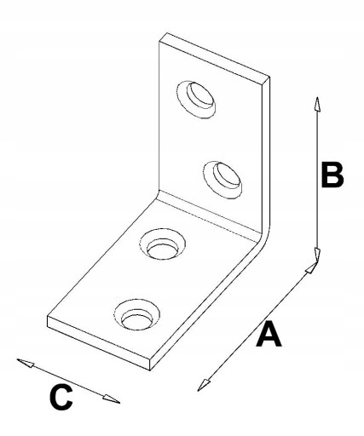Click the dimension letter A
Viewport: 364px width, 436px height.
click(x=269, y=334)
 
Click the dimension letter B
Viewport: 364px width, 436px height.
click(x=332, y=175)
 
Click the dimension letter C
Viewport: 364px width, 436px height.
click(x=61, y=397)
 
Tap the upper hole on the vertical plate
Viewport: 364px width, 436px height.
click(x=196, y=99)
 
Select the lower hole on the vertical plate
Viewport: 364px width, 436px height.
click(x=222, y=180)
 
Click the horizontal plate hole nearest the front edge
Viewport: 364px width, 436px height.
click(x=136, y=314)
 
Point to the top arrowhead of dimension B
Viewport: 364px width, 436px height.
click(x=318, y=105)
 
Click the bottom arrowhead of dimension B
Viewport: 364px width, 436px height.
click(x=317, y=254)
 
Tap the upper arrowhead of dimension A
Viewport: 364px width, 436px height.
click(x=311, y=267)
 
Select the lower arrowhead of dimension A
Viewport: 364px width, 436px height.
click(x=203, y=385)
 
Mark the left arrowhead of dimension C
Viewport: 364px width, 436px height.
click(x=26, y=363)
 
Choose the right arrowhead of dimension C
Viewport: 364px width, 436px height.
click(x=112, y=399)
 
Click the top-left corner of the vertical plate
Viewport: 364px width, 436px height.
click(x=159, y=42)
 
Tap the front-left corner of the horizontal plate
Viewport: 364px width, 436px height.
click(x=47, y=316)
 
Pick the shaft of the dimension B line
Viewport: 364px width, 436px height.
click(x=318, y=180)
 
